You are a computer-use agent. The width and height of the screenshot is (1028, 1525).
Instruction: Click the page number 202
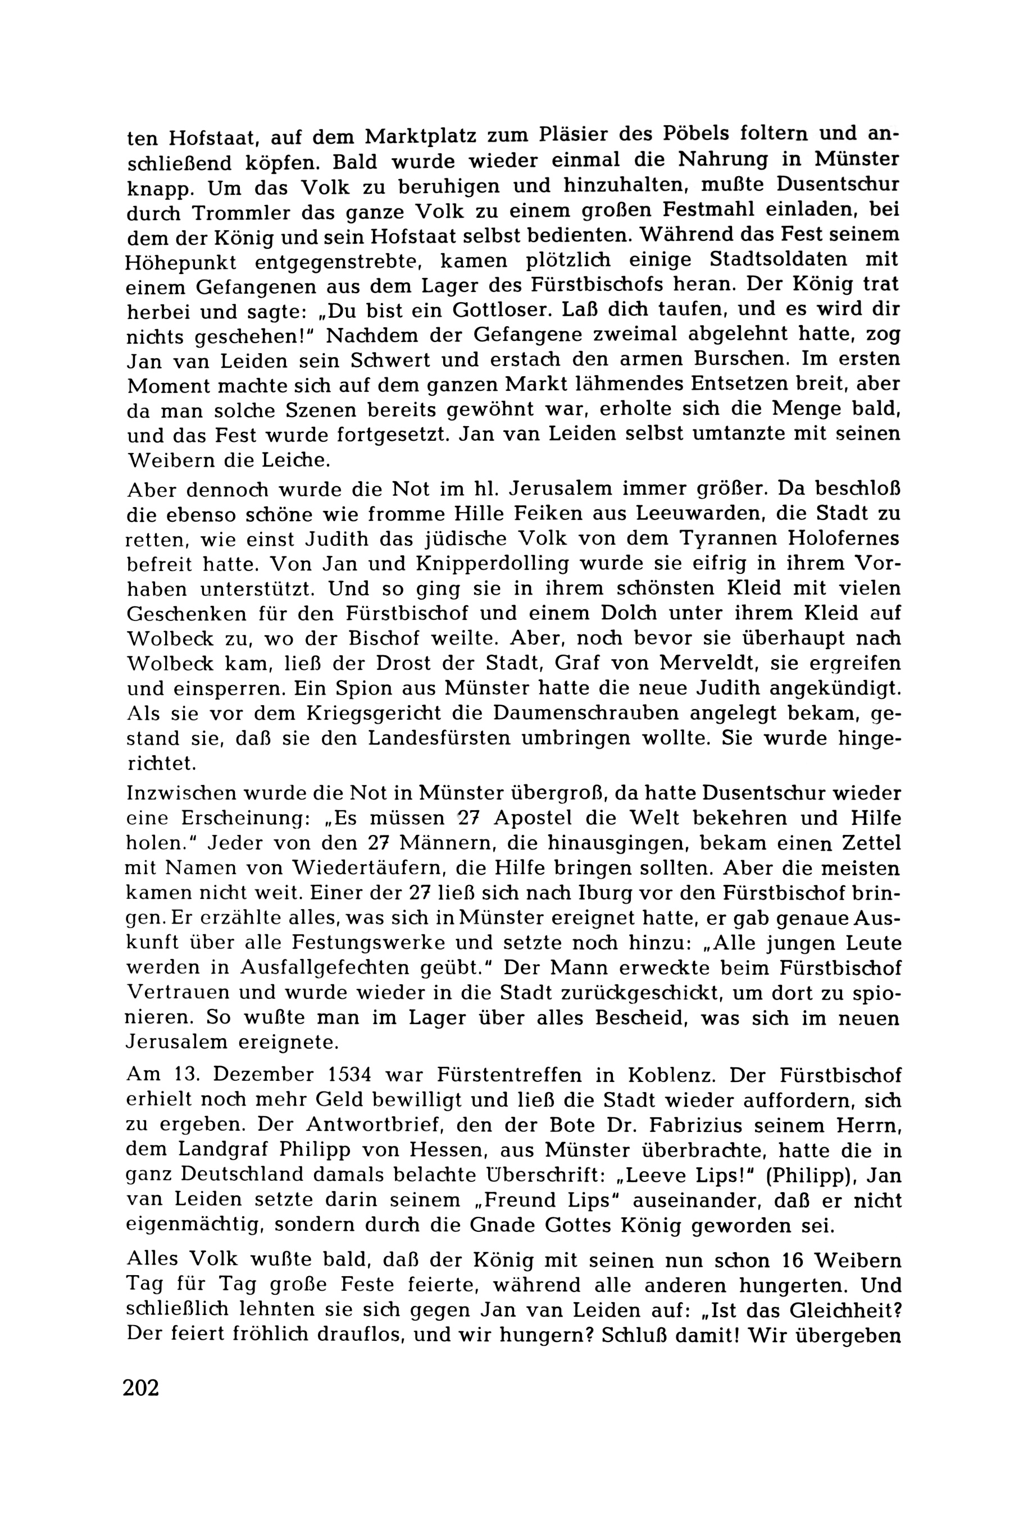(x=141, y=1388)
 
